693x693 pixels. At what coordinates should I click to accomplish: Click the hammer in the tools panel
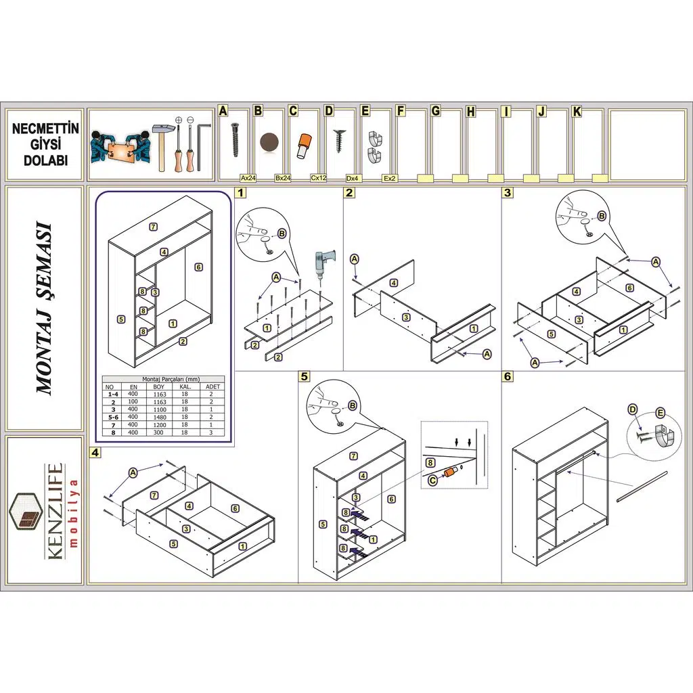[161, 143]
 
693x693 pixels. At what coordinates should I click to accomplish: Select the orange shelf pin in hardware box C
[303, 145]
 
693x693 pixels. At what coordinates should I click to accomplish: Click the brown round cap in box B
[269, 143]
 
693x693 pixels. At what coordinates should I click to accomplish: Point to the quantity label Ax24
[248, 178]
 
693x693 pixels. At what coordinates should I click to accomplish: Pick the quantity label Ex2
[389, 179]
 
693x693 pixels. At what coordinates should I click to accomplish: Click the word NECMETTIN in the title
[45, 129]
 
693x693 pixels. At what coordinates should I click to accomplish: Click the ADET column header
[213, 386]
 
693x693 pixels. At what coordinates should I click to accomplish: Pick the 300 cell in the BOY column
[159, 432]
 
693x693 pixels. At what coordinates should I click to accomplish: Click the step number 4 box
[95, 453]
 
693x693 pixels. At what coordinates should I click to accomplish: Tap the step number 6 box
[508, 376]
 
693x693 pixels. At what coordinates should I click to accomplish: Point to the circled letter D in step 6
[633, 409]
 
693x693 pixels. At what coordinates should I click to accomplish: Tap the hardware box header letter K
[577, 112]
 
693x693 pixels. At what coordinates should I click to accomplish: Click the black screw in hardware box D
[338, 141]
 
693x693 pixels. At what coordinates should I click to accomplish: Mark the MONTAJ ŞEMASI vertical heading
[45, 308]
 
